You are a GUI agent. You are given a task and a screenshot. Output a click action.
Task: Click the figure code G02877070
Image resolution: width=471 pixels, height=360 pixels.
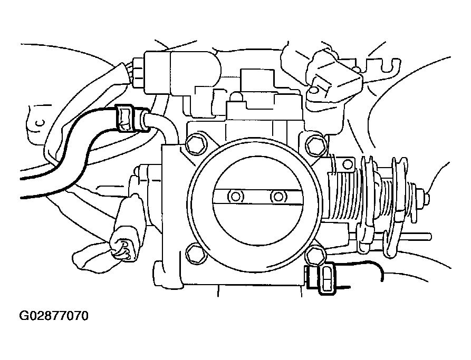point(53,317)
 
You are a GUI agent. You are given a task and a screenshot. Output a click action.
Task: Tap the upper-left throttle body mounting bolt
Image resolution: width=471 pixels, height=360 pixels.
point(195,142)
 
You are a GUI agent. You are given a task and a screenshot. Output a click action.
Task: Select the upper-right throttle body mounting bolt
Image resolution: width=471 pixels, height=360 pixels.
point(315,144)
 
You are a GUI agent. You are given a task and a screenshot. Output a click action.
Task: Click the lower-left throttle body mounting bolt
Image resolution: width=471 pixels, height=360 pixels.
point(194,252)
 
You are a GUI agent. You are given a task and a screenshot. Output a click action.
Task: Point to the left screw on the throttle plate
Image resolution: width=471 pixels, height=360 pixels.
point(235,197)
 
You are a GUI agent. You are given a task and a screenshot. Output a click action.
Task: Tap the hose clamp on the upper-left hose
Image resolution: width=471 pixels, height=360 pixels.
point(125,118)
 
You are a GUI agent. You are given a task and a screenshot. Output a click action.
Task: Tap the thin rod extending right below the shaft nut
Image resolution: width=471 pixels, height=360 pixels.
point(417,236)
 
